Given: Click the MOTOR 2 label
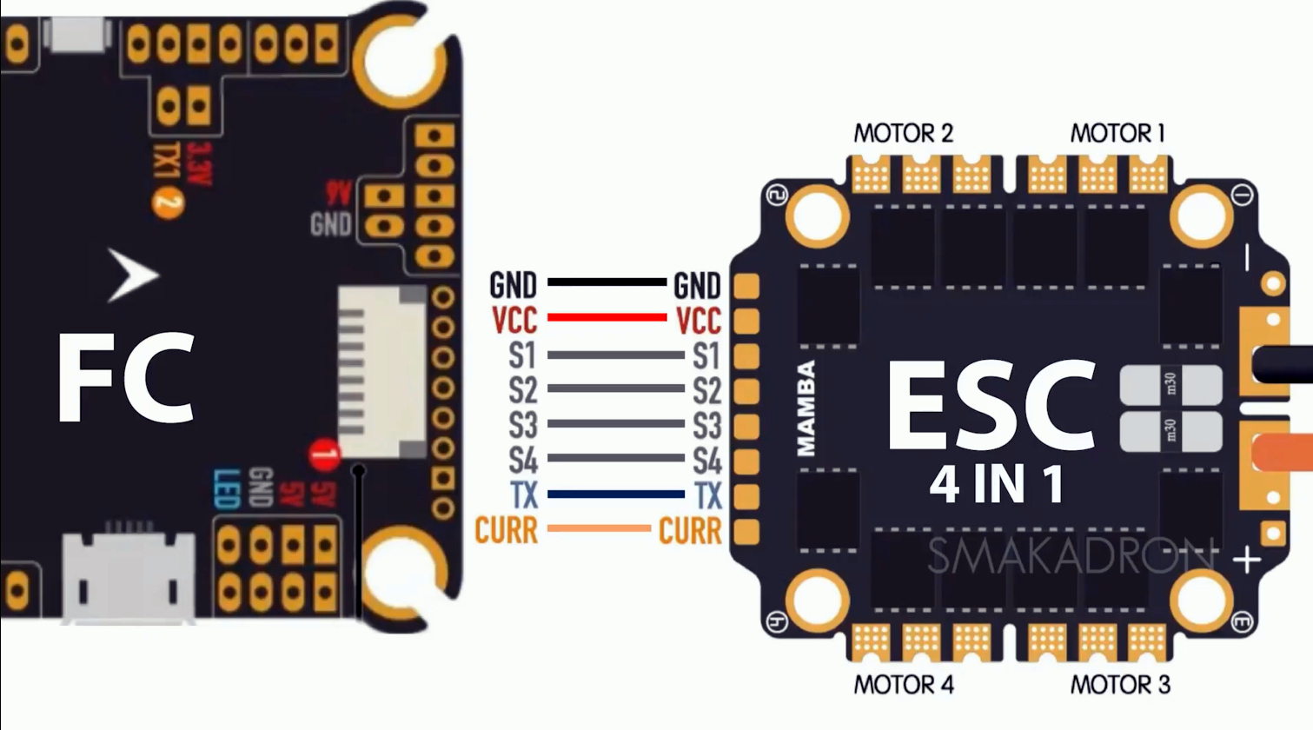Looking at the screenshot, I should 903,133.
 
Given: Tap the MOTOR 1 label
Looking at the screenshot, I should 1117,133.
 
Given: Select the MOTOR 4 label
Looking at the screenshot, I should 903,685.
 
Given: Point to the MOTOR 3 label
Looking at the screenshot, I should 1119,685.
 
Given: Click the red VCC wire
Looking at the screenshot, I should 607,317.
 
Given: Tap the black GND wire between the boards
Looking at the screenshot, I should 607,282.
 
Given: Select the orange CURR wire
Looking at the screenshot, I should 599,528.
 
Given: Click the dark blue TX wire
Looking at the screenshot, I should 616,494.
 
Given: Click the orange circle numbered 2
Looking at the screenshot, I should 168,203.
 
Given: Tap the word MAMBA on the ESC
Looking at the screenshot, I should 806,408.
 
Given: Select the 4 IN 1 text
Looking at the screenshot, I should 997,485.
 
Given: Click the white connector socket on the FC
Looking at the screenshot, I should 382,372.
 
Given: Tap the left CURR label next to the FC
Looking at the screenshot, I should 507,529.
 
